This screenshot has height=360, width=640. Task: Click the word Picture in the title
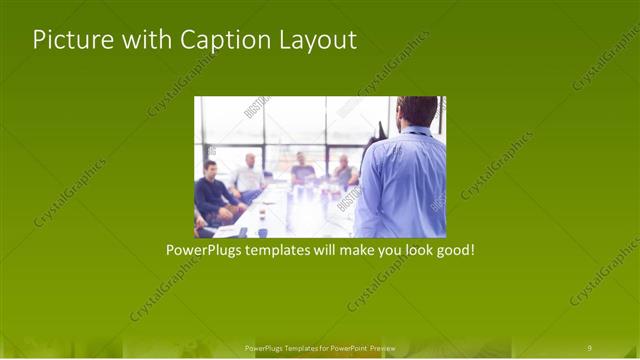67,40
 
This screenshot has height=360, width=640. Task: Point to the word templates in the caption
287,249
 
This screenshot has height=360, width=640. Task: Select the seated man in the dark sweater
213,193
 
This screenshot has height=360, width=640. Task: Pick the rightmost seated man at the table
343,172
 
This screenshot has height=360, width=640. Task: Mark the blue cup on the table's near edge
262,231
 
